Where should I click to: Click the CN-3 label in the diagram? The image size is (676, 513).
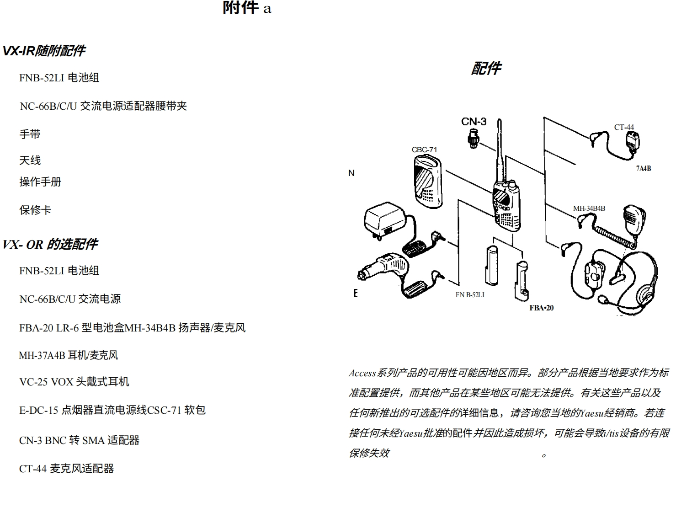click(474, 122)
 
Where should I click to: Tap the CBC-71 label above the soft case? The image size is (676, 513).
click(424, 150)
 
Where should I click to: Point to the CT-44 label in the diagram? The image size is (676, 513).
click(624, 127)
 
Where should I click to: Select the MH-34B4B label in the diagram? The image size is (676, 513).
click(589, 208)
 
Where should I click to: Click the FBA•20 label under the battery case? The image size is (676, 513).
click(541, 308)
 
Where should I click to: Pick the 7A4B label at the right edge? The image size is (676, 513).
click(643, 168)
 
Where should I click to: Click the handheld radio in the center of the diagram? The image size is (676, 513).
click(506, 206)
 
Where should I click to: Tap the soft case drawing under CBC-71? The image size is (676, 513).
click(427, 181)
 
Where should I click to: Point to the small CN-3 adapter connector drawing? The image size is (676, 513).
click(473, 138)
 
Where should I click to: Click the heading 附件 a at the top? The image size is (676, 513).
click(247, 8)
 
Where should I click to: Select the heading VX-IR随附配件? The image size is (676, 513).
click(44, 51)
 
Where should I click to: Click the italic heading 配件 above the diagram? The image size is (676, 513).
click(486, 69)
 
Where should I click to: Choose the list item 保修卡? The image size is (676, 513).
click(35, 210)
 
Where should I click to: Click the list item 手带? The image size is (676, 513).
click(30, 134)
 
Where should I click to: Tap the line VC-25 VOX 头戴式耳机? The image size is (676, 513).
click(74, 382)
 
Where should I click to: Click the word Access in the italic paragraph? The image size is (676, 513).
click(362, 373)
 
